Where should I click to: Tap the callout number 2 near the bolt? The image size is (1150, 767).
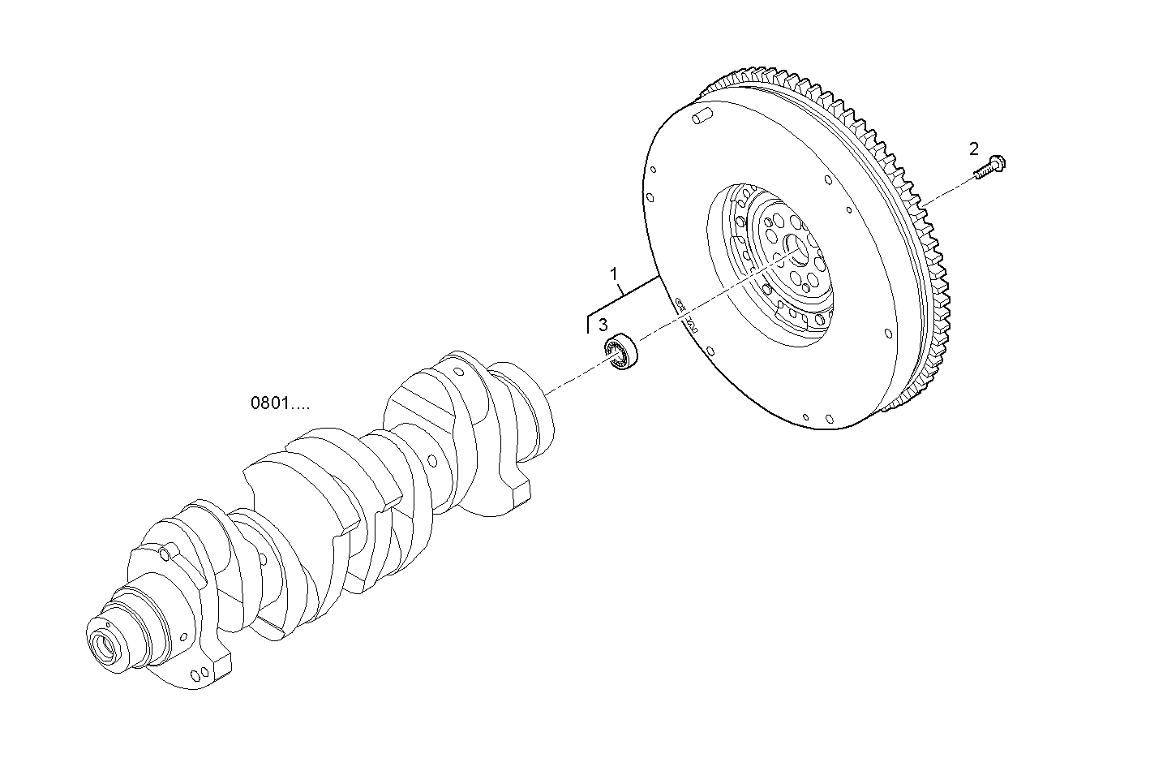[973, 149]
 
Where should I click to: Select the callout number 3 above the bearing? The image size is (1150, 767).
[603, 325]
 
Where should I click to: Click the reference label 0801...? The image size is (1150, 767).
[280, 403]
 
